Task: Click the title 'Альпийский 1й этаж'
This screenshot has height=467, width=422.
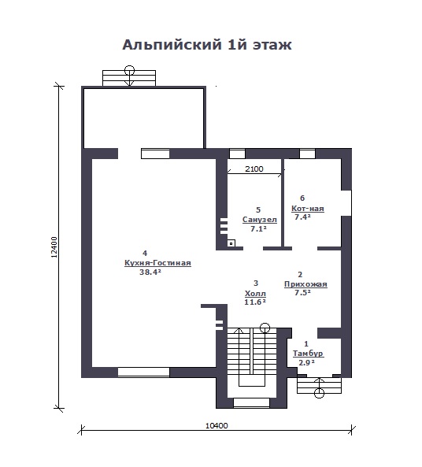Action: pyautogui.click(x=207, y=45)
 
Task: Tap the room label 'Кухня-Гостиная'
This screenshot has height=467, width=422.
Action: pyautogui.click(x=157, y=263)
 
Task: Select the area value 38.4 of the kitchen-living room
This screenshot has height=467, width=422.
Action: pyautogui.click(x=150, y=272)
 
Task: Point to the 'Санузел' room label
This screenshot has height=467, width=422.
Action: pyautogui.click(x=259, y=220)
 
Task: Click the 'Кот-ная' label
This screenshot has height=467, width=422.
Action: pyautogui.click(x=308, y=208)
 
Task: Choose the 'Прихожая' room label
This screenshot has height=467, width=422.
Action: pyautogui.click(x=305, y=284)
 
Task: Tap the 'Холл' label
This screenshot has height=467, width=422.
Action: pyautogui.click(x=255, y=294)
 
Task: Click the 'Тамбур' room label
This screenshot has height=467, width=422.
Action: pyautogui.click(x=308, y=354)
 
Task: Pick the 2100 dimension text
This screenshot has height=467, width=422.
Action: pyautogui.click(x=254, y=169)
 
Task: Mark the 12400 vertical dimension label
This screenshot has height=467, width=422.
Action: pyautogui.click(x=54, y=247)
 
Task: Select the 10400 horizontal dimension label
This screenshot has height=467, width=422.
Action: pyautogui.click(x=217, y=425)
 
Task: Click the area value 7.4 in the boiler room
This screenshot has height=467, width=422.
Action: pyautogui.click(x=302, y=217)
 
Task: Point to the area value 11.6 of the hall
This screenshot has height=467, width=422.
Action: pyautogui.click(x=254, y=302)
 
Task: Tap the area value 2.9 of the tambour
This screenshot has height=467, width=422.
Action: pyautogui.click(x=306, y=363)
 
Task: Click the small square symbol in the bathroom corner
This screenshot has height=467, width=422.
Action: pyautogui.click(x=231, y=243)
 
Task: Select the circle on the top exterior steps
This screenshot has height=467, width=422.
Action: pyautogui.click(x=129, y=70)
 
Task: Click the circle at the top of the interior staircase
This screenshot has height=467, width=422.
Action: pyautogui.click(x=265, y=328)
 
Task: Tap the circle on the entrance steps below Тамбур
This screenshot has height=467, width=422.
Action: pyautogui.click(x=319, y=393)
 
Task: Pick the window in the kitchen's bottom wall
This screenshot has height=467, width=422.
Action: pyautogui.click(x=143, y=372)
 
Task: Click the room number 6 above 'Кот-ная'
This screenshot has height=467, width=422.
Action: pyautogui.click(x=302, y=198)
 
